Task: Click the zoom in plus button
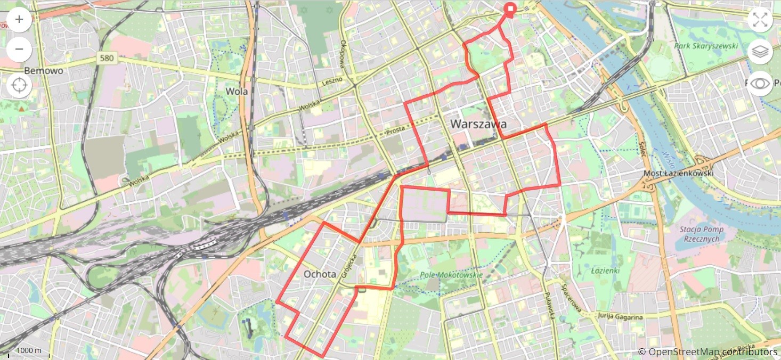pyautogui.click(x=19, y=20)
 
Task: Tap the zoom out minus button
pyautogui.click(x=19, y=50)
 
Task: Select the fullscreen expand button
pyautogui.click(x=760, y=20)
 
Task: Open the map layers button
pyautogui.click(x=760, y=52)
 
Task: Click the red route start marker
pyautogui.click(x=510, y=9)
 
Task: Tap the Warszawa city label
pyautogui.click(x=478, y=124)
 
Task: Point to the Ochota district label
pyautogui.click(x=320, y=274)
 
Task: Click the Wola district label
pyautogui.click(x=237, y=91)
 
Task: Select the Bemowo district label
pyautogui.click(x=44, y=71)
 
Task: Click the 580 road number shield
pyautogui.click(x=107, y=58)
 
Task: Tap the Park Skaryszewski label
pyautogui.click(x=706, y=46)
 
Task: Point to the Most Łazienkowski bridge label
pyautogui.click(x=677, y=173)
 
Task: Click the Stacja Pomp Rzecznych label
pyautogui.click(x=701, y=234)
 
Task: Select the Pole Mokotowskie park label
pyautogui.click(x=451, y=275)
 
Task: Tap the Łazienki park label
pyautogui.click(x=606, y=271)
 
